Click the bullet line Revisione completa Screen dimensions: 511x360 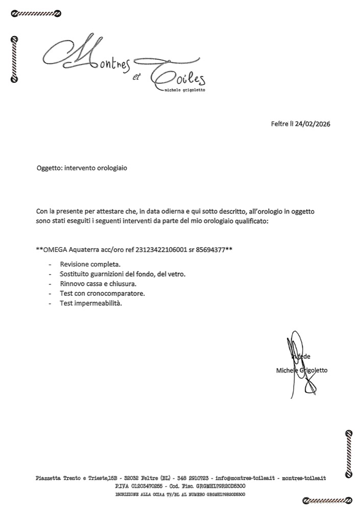(90, 264)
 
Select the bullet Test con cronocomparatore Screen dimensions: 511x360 (102, 293)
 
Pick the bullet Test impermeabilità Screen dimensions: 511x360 (91, 303)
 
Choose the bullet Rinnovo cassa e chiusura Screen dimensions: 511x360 (98, 284)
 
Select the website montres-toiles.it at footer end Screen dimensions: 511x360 (303, 478)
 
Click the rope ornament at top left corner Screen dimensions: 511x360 (36, 14)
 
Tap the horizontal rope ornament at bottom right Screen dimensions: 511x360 (327, 500)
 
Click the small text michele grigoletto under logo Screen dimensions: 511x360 (185, 90)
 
